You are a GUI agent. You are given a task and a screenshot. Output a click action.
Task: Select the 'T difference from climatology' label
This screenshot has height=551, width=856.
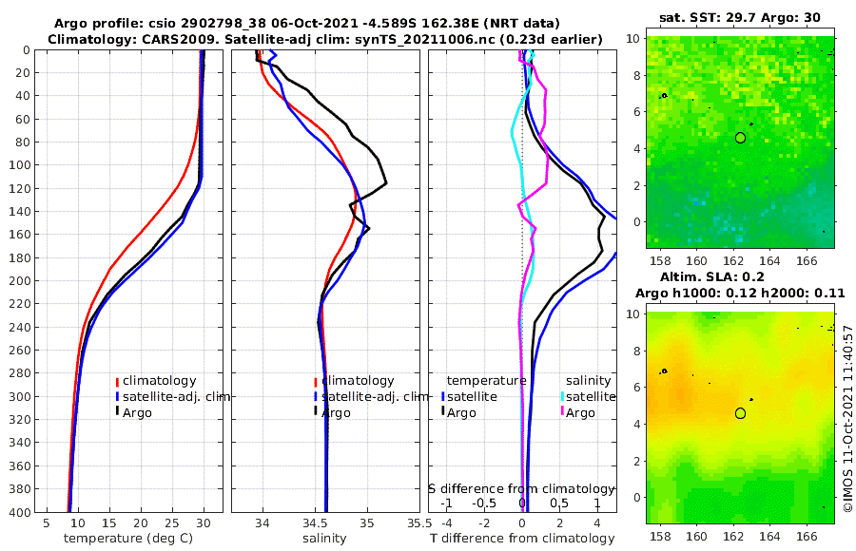[x=522, y=539]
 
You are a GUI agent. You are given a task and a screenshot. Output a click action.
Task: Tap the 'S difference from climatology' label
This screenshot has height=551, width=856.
[x=522, y=487]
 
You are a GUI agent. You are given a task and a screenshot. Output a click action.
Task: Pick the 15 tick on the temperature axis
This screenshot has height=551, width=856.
[x=109, y=522]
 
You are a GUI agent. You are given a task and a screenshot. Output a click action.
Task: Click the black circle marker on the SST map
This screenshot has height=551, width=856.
[x=740, y=138]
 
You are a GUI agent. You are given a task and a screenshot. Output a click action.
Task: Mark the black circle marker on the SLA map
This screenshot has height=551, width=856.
[x=740, y=413]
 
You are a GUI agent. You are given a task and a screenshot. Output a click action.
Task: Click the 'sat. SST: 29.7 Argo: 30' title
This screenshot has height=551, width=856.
[x=739, y=17]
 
